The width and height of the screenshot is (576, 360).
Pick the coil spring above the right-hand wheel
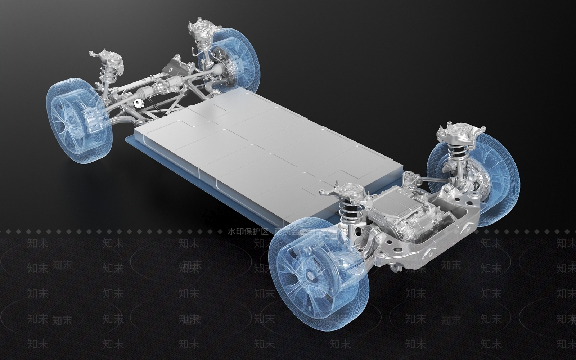(457, 152)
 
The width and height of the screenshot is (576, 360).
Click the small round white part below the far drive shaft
(138, 103)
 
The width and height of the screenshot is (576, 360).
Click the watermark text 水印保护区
(248, 231)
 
